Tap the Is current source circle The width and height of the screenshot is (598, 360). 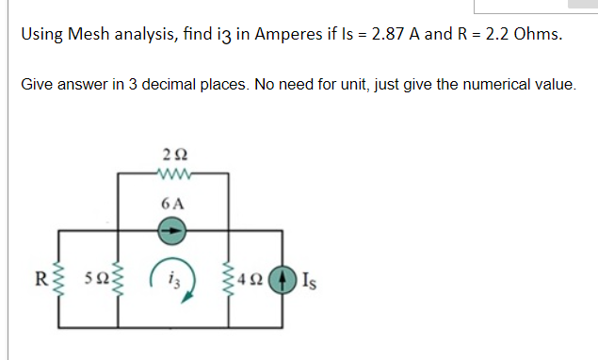[283, 279]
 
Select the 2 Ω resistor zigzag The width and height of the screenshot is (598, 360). [172, 172]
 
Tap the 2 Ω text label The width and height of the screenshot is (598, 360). [171, 153]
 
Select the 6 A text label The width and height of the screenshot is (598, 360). [172, 204]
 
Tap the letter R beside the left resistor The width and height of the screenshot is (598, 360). [40, 279]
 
